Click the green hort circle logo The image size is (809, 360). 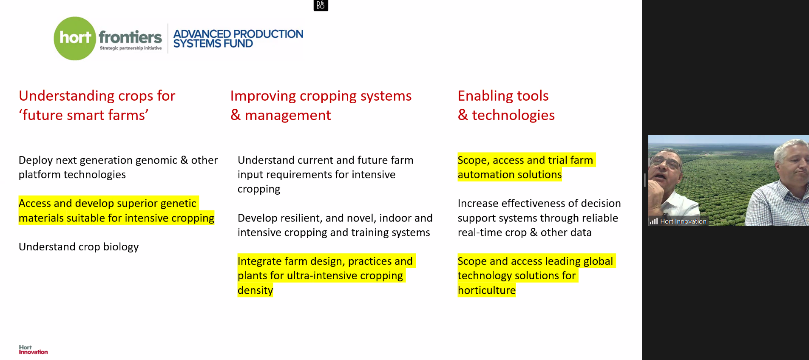tap(75, 38)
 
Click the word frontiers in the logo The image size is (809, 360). tap(130, 37)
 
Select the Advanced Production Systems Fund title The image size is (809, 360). tap(238, 39)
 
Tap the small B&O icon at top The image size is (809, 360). tap(321, 6)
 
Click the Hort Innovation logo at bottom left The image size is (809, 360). tap(33, 349)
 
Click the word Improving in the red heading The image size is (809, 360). tap(263, 96)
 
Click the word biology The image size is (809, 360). tap(121, 247)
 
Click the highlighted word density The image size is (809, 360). tap(255, 290)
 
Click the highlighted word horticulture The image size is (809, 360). tap(487, 290)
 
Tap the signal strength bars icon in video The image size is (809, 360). tap(654, 221)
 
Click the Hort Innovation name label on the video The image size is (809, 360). tap(683, 221)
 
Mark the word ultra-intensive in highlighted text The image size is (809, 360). tap(322, 276)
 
